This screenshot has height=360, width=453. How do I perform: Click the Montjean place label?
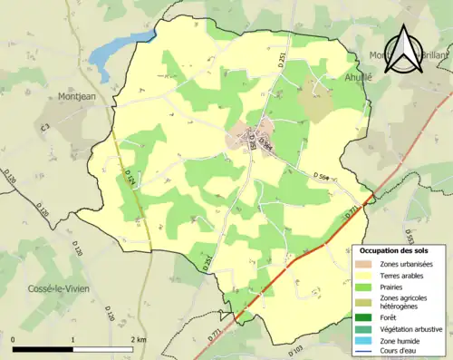tap(79, 95)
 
